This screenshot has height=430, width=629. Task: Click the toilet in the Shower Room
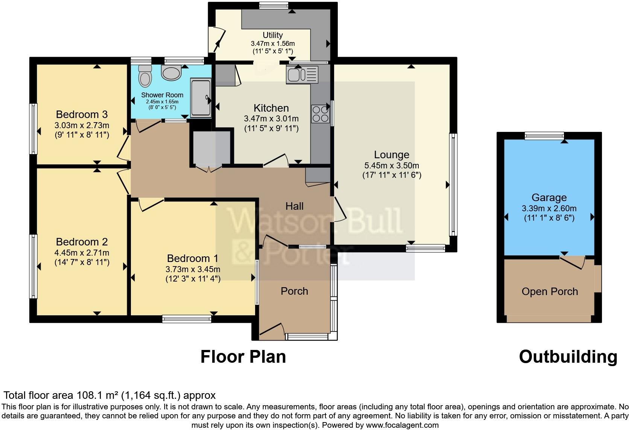coord(144,76)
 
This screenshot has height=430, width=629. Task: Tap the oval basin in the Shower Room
coord(172,73)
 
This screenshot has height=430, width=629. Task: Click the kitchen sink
coord(302,74)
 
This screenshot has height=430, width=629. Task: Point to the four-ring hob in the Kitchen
coord(320,114)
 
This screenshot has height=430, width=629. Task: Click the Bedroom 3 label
coord(82,114)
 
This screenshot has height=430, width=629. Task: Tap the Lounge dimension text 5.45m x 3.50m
coord(391,165)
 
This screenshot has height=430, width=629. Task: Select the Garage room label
coord(549,198)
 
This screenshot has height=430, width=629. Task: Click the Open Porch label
coord(550,292)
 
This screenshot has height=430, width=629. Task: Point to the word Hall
coord(294,206)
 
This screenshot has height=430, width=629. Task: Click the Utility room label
coord(272,35)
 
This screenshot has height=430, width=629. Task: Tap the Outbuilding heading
coord(568,357)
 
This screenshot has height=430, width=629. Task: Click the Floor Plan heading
coord(243,357)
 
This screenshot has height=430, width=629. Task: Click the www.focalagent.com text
coord(402,425)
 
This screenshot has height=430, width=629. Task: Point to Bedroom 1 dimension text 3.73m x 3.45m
coord(193,269)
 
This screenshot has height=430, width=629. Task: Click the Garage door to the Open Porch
coord(572,262)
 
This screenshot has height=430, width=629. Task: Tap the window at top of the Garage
coord(544,136)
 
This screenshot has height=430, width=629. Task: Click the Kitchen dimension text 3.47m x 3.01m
coord(271,119)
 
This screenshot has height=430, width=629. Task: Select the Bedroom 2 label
coord(82,242)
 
